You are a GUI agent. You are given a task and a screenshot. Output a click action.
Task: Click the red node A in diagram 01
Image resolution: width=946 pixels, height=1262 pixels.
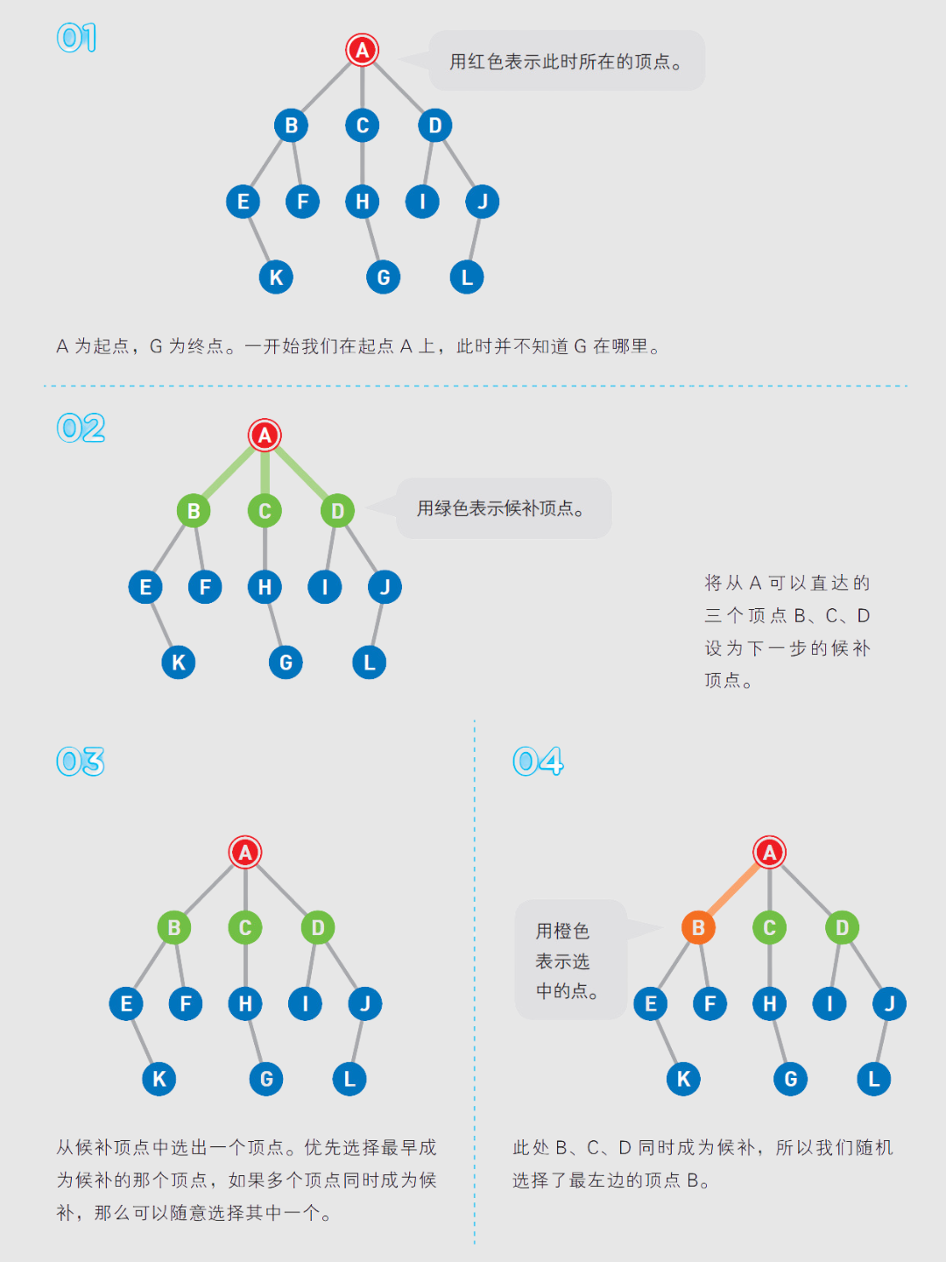[362, 50]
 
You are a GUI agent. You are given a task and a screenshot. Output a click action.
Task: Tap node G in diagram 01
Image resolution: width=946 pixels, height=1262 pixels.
[383, 278]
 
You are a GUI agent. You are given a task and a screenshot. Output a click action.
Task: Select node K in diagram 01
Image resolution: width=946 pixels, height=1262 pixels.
[276, 278]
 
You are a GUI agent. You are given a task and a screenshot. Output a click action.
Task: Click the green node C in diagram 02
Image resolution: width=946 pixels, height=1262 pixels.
[265, 511]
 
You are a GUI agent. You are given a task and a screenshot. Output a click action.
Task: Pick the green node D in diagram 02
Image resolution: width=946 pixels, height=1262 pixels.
[337, 511]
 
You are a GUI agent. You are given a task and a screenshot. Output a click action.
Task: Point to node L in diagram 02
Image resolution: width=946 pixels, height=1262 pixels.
[369, 663]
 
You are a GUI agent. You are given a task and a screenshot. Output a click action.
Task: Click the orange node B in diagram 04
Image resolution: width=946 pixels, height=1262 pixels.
[698, 927]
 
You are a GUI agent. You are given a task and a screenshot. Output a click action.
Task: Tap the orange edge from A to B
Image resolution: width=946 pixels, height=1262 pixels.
[734, 890]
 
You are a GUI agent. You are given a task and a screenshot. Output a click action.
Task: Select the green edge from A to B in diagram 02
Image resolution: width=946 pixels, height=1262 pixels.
[229, 473]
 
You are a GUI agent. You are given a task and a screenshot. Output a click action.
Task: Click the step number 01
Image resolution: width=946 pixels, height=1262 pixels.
[76, 38]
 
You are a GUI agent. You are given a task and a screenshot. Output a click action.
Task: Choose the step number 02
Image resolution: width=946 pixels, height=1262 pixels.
[81, 429]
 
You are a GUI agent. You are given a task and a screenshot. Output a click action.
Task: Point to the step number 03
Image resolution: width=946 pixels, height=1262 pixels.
[81, 762]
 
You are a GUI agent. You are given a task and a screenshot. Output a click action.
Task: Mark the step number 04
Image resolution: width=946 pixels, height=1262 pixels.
[538, 762]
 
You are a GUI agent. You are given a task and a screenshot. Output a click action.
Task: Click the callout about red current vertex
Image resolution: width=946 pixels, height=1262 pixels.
[566, 61]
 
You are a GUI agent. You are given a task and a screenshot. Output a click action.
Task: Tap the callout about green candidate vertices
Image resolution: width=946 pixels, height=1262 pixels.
[503, 508]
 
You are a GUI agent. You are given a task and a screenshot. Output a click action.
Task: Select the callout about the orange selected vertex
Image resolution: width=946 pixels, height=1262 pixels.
[569, 961]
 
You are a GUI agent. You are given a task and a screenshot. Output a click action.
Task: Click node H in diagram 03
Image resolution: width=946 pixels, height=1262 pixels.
[245, 1003]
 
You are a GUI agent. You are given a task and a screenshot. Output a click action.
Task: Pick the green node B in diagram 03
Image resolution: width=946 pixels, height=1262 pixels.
[174, 927]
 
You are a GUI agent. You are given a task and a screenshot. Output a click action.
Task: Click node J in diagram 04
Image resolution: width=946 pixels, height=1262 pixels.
[889, 1003]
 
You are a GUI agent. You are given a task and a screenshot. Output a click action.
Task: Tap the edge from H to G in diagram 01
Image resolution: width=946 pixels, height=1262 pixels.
[373, 239]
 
